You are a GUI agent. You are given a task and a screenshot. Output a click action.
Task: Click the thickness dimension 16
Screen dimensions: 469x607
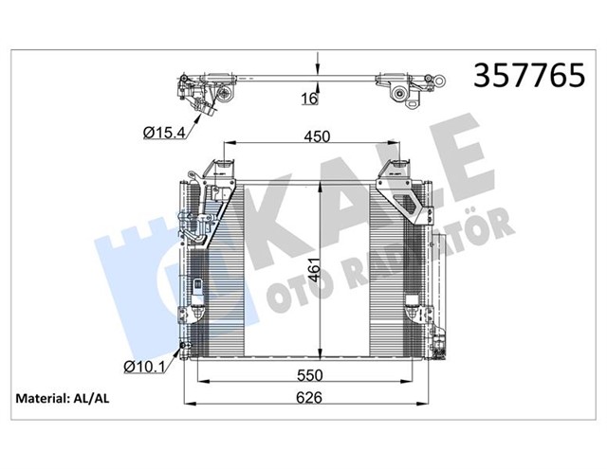(309, 98)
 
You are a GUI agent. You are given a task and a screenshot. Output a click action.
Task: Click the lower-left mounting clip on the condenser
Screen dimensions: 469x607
(199, 295)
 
